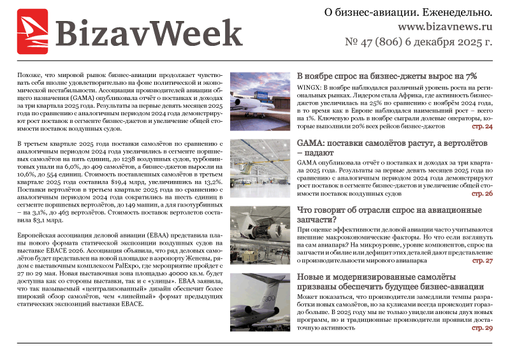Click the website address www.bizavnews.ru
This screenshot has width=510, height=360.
click(x=446, y=28)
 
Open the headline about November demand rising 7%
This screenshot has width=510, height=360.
click(x=387, y=76)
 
